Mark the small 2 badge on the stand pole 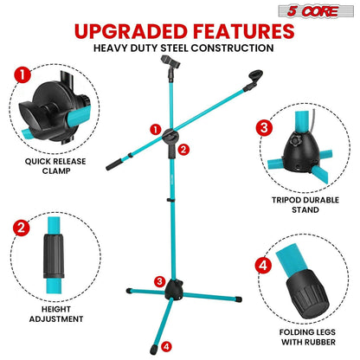(183, 150)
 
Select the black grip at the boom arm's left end (113, 163)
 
